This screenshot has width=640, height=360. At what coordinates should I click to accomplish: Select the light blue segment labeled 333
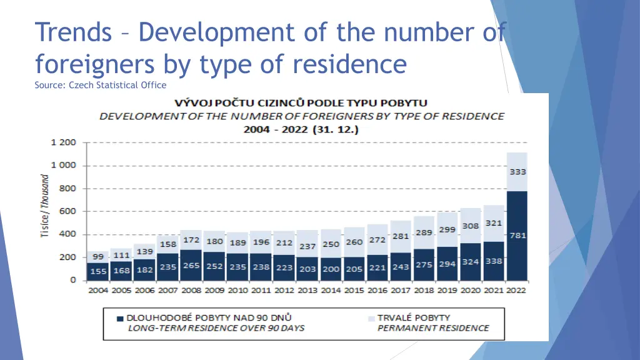[517, 171]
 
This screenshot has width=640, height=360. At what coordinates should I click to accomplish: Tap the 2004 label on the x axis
[97, 290]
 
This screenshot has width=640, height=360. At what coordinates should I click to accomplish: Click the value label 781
[518, 236]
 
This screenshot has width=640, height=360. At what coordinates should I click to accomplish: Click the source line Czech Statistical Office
[101, 85]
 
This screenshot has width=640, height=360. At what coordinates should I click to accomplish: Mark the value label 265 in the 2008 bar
[191, 266]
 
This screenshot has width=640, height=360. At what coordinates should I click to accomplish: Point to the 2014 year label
[331, 290]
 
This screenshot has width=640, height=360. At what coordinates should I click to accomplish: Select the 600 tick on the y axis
[67, 211]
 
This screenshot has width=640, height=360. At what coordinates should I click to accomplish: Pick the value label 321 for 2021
[494, 223]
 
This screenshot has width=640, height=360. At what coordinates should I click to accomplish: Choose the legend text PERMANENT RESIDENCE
[433, 328]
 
